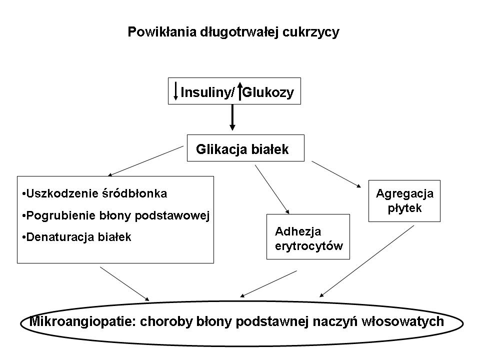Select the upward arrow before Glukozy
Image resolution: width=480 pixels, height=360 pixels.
[240, 91]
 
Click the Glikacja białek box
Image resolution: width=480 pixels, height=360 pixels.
[245, 148]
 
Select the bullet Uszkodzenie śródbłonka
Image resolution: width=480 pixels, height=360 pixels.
[95, 193]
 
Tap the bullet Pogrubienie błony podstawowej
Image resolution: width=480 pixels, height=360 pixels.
[115, 215]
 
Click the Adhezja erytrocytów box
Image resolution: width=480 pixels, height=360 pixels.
[308, 236]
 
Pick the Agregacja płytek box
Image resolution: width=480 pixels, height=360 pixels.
[404, 200]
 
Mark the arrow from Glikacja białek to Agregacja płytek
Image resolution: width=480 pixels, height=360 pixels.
[336, 174]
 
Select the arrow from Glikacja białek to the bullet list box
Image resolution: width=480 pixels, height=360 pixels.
[145, 161]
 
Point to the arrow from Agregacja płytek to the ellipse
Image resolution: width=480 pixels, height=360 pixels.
[367, 260]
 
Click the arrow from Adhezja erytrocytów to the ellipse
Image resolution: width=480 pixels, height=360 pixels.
[268, 283]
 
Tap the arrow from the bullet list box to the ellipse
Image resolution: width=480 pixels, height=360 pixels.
[124, 283]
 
